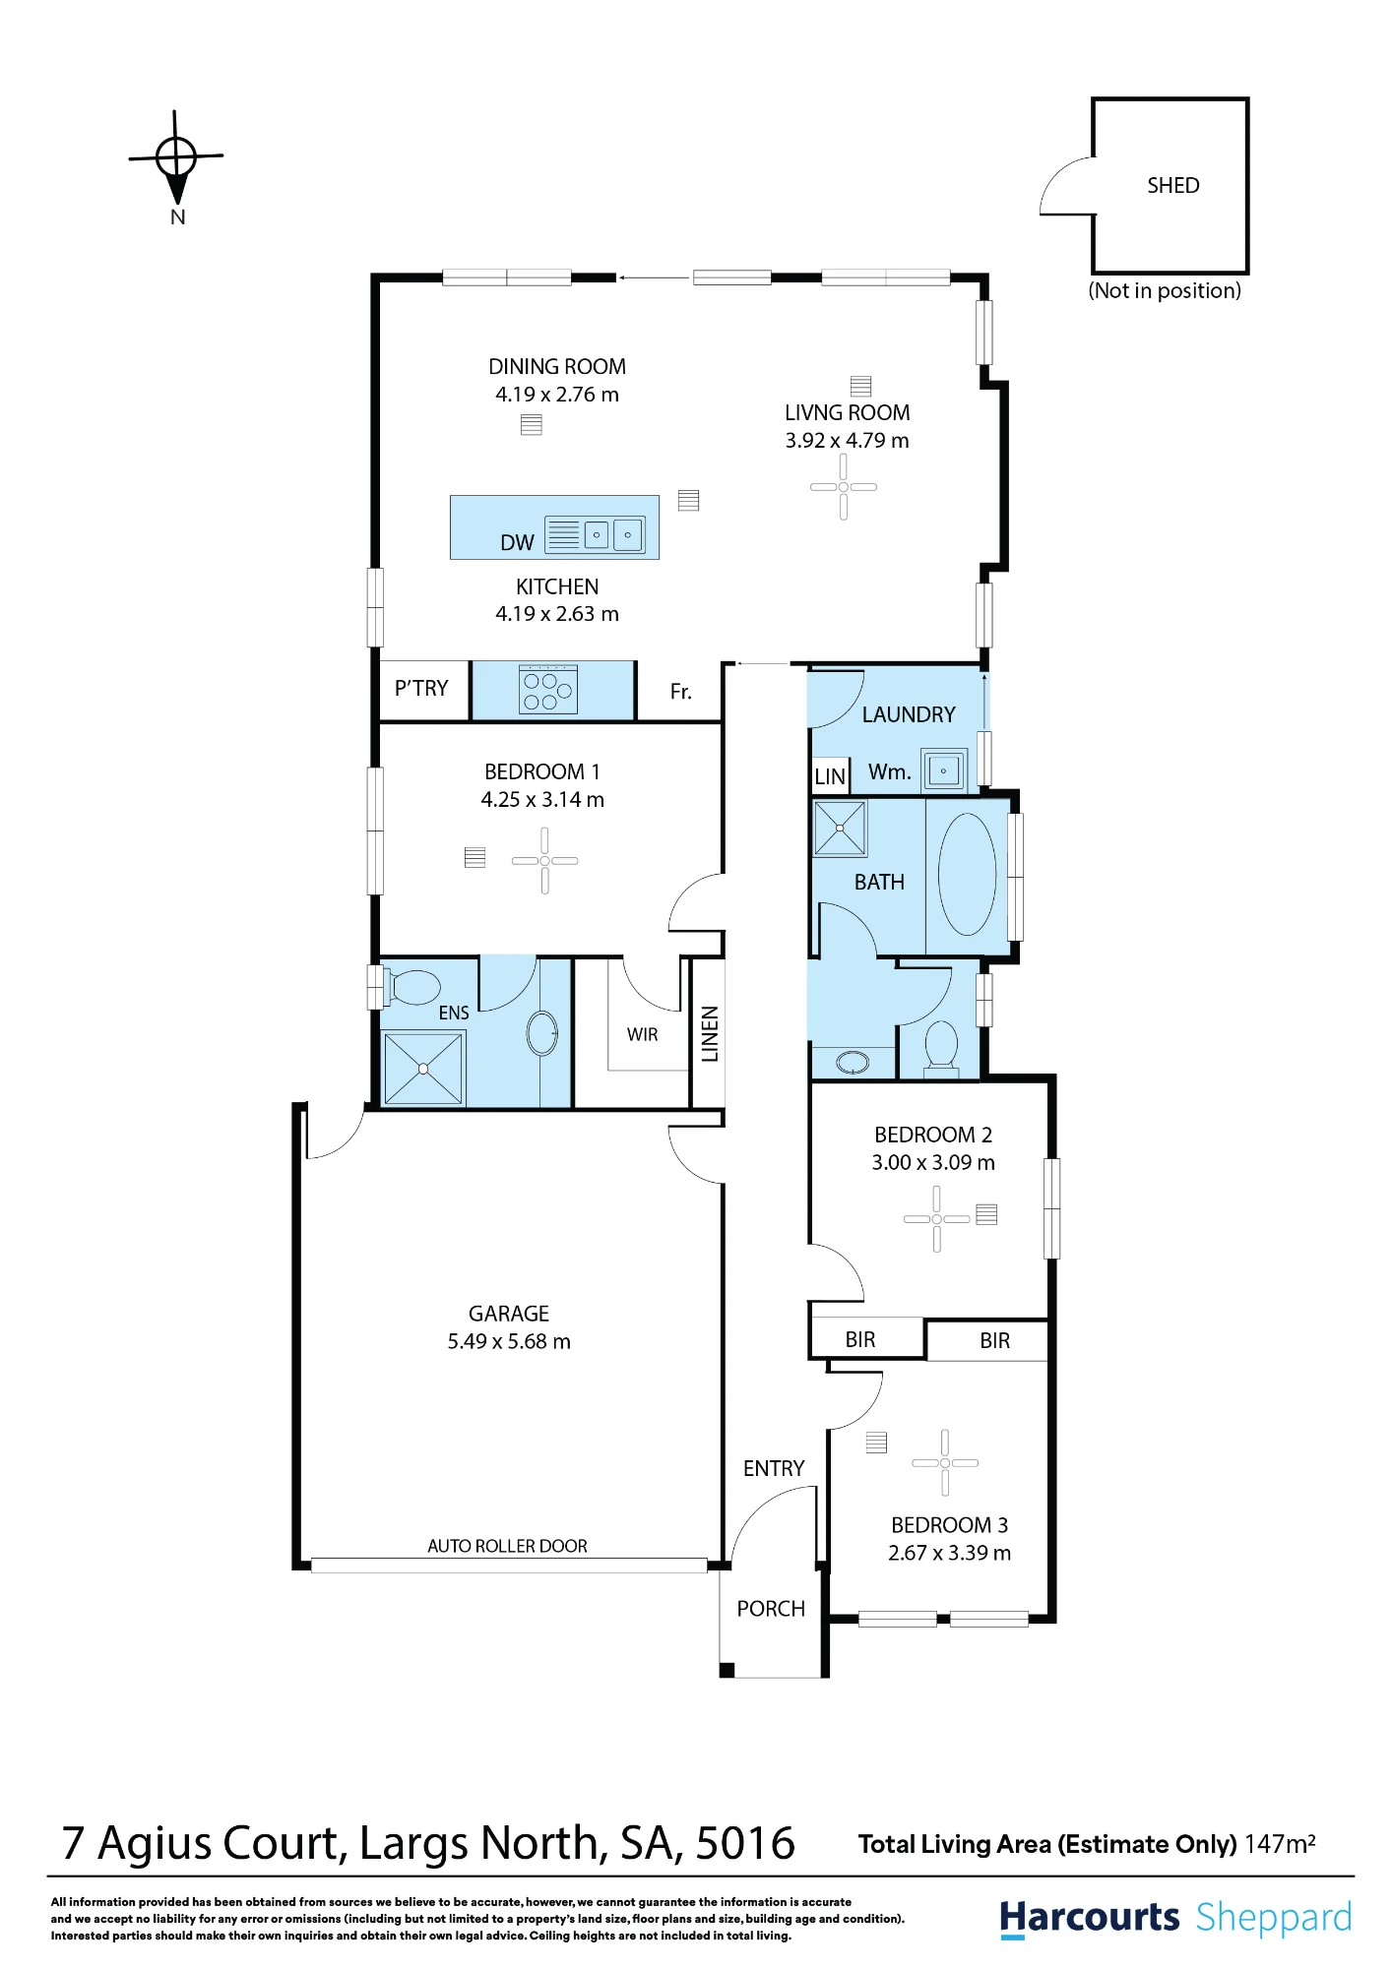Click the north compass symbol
pos(176,157)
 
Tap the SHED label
pos(1172,185)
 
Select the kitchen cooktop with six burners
pos(548,689)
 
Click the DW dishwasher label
pos(517,542)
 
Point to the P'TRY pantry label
pos(421,688)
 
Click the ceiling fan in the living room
pos(843,486)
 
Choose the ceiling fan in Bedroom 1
pos(544,860)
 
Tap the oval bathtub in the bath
pos(967,874)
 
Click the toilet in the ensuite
pos(413,986)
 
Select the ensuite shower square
pos(422,1068)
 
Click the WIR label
pos(642,1034)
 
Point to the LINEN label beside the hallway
pos(710,1034)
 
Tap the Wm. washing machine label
pos(889,772)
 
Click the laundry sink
pos(944,769)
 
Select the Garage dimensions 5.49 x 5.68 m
pos(509,1341)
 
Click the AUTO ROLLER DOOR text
pos(507,1546)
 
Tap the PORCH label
pos(771,1608)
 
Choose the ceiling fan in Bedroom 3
pos(945,1462)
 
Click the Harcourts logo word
pos(1089,1918)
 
